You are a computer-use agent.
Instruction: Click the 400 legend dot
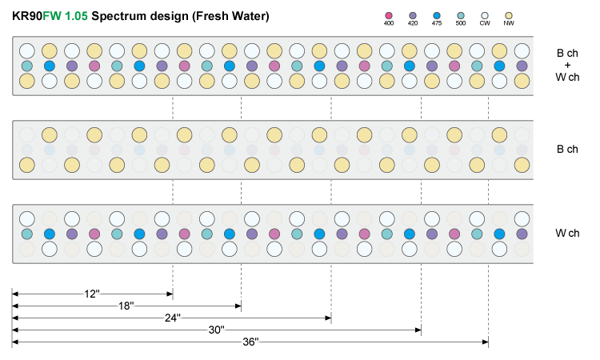click(389, 15)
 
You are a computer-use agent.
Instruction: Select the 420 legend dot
click(413, 15)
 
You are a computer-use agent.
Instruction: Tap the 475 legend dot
click(437, 15)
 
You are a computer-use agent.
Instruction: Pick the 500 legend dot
click(461, 15)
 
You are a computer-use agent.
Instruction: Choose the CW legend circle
click(485, 15)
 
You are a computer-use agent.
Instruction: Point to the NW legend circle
click(509, 15)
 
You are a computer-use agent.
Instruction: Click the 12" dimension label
click(90, 294)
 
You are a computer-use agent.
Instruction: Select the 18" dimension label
click(125, 306)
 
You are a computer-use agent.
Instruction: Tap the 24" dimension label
click(170, 318)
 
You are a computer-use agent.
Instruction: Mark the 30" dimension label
click(215, 330)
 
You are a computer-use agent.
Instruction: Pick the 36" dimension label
click(250, 342)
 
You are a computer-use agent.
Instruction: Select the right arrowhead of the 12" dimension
click(170, 293)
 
